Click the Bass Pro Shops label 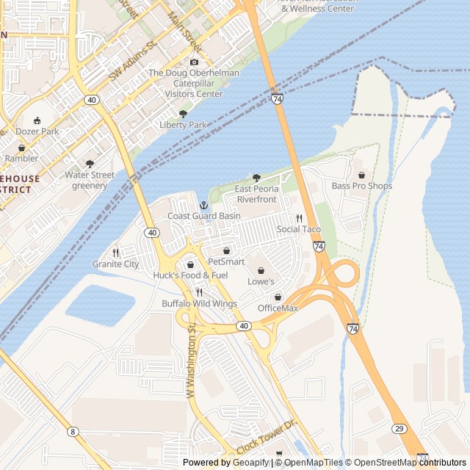(361, 186)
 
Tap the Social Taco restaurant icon (299, 219)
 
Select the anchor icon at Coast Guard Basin (204, 205)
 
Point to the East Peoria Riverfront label (256, 194)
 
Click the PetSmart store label (226, 261)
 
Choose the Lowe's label (261, 281)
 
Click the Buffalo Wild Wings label (199, 303)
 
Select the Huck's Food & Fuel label (191, 275)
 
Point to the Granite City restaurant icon (116, 253)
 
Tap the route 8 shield (73, 431)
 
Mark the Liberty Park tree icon (184, 115)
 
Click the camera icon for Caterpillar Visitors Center (194, 62)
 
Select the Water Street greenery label (90, 180)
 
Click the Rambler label (21, 158)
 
